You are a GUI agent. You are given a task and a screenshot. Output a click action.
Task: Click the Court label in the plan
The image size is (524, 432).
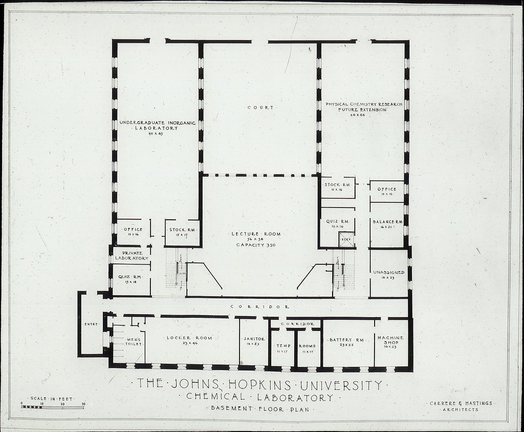260,108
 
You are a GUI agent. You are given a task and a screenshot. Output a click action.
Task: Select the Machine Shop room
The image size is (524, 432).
391,342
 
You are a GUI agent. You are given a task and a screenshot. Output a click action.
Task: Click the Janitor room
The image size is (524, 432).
254,342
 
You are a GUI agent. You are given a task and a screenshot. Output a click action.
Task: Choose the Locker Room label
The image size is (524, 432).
189,338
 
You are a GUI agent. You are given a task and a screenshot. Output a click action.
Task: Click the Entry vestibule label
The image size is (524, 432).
91,324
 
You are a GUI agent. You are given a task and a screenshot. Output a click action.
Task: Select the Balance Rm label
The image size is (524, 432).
387,221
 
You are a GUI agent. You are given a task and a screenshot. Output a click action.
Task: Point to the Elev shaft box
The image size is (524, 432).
346,239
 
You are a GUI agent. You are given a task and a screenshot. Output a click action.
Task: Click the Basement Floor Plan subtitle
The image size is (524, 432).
258,408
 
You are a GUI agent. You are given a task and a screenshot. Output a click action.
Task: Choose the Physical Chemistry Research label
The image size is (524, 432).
363,107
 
